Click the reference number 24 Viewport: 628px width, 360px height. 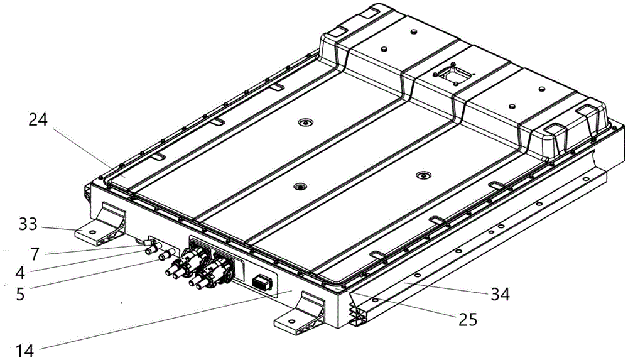click(x=38, y=120)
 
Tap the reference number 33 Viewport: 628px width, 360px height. click(x=28, y=224)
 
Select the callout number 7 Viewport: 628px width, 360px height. click(x=35, y=254)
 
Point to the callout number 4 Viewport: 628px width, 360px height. click(x=21, y=273)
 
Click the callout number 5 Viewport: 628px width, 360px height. click(x=20, y=294)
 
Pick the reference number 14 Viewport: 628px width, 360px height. click(x=25, y=351)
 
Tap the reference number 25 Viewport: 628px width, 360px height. click(x=468, y=320)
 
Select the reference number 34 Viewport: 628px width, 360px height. click(x=501, y=295)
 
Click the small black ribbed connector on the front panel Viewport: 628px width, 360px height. click(x=262, y=283)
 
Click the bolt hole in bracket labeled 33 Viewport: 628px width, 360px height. click(x=92, y=232)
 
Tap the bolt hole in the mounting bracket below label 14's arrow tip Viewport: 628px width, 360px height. click(x=291, y=321)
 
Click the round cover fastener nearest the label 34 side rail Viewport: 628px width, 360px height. click(x=423, y=175)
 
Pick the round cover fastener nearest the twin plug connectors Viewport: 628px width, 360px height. click(x=300, y=187)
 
